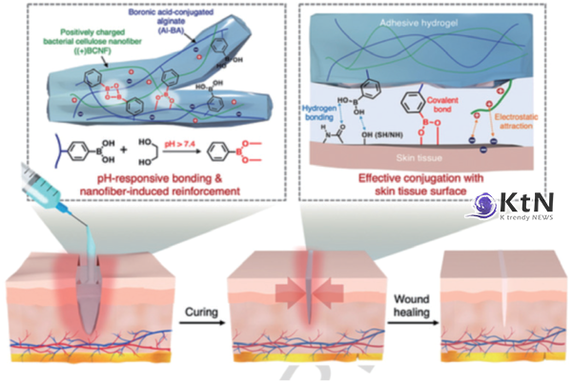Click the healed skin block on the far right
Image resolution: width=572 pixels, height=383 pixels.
(x=503, y=319)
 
